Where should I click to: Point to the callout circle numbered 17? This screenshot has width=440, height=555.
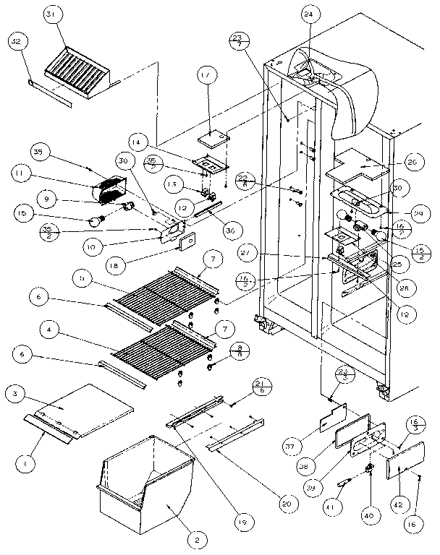click(x=206, y=94)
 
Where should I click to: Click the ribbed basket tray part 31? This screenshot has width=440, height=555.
click(x=75, y=73)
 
